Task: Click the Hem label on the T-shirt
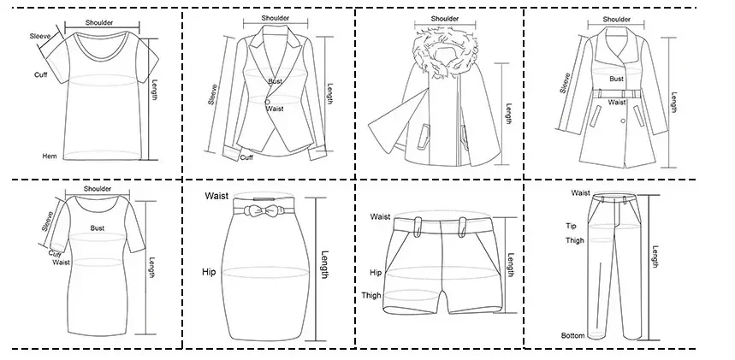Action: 50,156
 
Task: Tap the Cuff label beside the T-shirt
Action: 41,75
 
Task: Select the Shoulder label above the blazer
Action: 276,18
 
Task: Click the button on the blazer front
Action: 267,102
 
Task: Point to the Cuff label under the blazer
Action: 246,157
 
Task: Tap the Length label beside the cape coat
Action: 508,114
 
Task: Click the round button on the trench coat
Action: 623,121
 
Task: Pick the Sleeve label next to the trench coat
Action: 565,83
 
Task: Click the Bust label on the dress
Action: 98,228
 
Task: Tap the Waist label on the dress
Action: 61,263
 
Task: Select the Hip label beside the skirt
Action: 209,272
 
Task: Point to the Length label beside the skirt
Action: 324,265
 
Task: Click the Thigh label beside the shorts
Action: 370,295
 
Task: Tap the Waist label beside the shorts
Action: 380,216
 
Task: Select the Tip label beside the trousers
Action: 571,226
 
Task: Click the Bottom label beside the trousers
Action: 572,335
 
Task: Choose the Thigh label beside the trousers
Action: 575,240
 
